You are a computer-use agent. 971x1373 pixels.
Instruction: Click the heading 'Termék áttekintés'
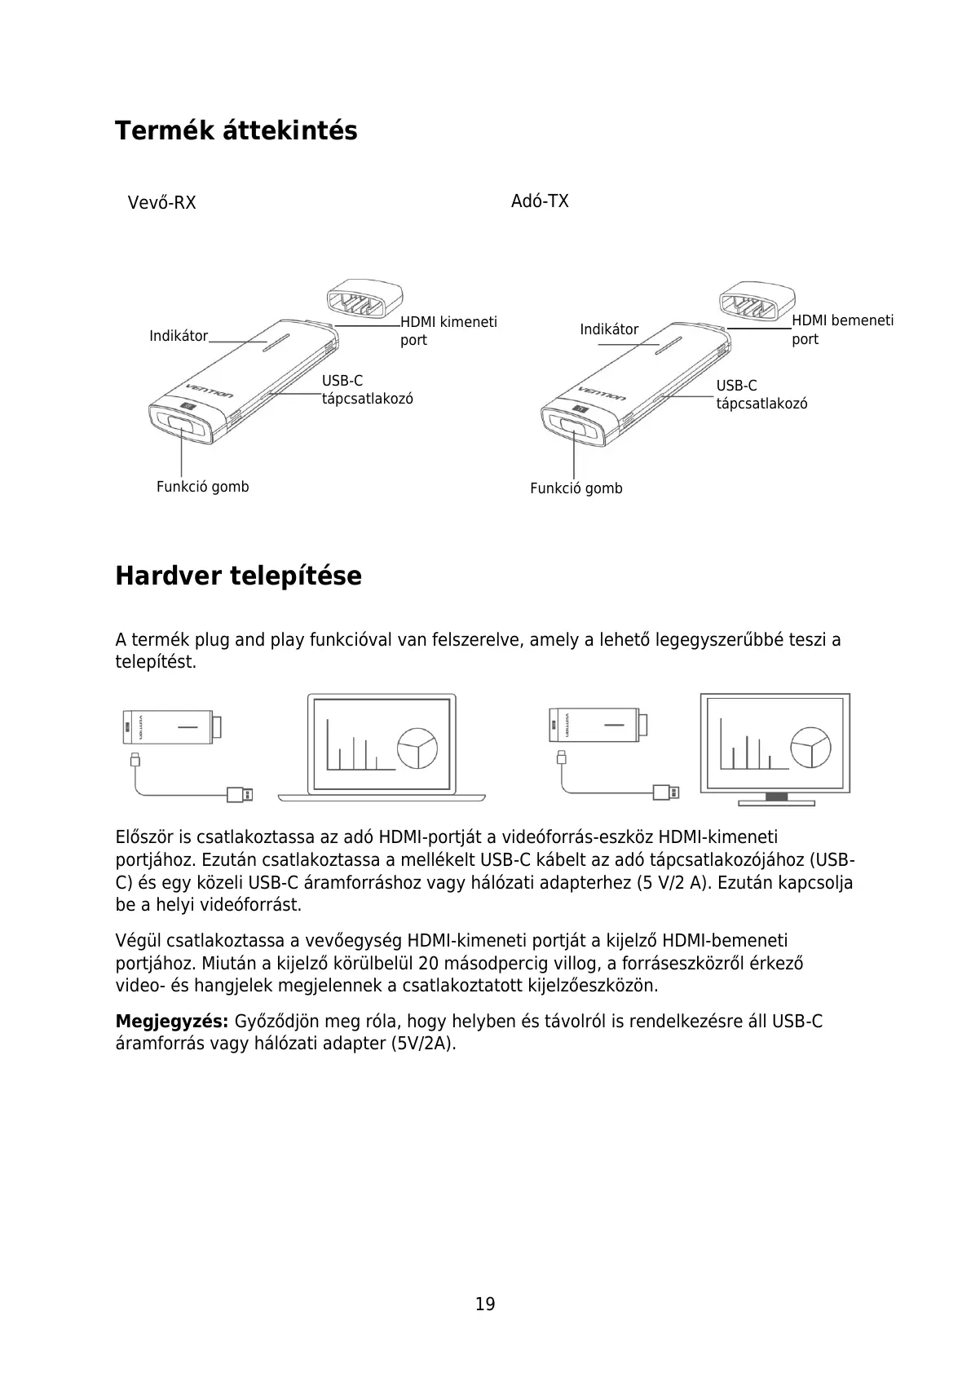point(236,130)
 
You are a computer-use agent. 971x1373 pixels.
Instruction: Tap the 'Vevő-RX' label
point(161,202)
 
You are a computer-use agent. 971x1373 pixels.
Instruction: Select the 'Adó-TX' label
point(540,201)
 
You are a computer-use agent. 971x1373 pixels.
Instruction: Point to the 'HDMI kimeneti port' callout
point(448,330)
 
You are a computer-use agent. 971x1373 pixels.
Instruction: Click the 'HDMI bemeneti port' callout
point(842,329)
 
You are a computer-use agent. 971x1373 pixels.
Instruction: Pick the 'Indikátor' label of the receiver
point(179,336)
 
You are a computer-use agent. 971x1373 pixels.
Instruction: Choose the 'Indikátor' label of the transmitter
point(609,329)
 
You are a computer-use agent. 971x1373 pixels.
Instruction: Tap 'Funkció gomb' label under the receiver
point(202,487)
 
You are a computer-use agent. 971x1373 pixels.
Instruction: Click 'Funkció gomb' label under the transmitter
point(576,488)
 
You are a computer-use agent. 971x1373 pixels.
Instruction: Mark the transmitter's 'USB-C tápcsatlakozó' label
point(761,395)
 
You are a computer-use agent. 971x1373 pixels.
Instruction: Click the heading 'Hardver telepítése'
point(238,576)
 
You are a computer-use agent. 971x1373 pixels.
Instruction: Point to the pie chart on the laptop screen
point(417,747)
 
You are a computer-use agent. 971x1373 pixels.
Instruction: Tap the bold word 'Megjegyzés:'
point(171,1022)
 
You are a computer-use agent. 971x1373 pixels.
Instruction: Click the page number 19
point(485,1304)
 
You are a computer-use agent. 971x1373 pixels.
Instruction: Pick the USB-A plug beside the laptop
point(241,794)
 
